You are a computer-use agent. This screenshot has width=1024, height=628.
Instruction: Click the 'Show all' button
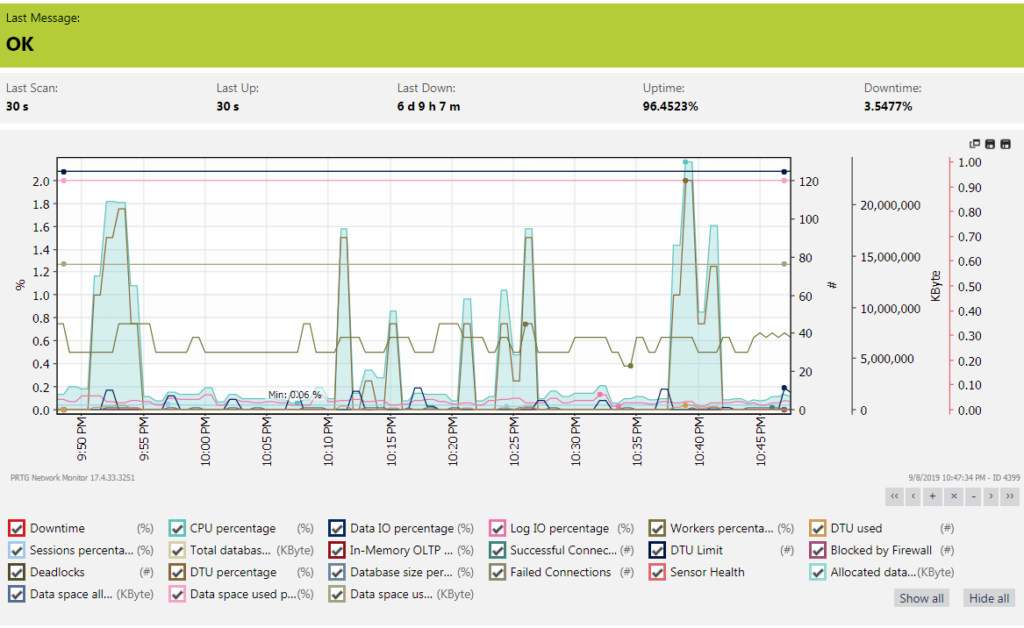point(921,598)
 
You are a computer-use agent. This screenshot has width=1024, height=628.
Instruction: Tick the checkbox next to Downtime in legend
point(17,528)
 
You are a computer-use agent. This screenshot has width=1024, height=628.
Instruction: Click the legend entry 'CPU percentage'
point(233,528)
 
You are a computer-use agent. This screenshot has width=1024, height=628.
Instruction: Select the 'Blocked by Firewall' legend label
point(881,550)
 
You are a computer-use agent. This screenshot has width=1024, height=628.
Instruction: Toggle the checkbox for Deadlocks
point(17,572)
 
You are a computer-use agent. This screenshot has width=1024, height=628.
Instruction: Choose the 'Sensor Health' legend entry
point(707,572)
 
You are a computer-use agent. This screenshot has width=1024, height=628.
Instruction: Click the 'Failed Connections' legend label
point(560,572)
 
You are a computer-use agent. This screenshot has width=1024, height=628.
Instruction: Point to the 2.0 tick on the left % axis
point(40,182)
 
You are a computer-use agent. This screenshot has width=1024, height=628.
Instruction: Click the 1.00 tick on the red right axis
point(970,162)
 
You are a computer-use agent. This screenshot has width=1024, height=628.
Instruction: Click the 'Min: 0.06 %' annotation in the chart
point(295,395)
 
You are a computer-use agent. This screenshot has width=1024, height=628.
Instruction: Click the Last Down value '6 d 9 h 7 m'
point(428,106)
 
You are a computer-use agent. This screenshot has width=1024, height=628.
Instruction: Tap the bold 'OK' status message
point(19,44)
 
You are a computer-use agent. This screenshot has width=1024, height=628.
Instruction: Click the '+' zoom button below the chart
point(933,496)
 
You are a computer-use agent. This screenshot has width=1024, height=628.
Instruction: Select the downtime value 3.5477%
point(888,106)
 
